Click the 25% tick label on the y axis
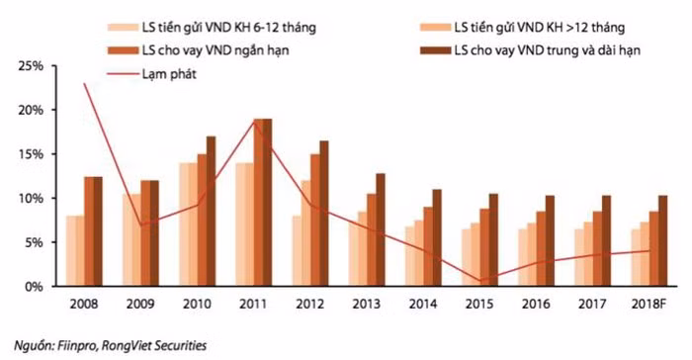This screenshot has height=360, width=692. click(x=31, y=66)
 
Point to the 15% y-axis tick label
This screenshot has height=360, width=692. click(x=31, y=154)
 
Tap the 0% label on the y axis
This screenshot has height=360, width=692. click(x=34, y=287)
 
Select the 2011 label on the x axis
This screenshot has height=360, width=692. click(x=253, y=304)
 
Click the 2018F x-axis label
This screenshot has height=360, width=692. click(x=649, y=304)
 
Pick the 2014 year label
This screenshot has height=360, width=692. click(x=423, y=304)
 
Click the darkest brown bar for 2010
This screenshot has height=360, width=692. click(x=211, y=211)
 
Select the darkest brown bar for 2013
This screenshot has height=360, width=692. click(x=381, y=229)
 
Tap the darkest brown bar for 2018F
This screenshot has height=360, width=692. click(x=663, y=240)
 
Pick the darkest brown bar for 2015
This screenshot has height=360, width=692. click(x=493, y=240)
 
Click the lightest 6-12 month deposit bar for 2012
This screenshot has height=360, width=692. click(x=297, y=251)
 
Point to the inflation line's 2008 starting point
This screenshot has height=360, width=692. click(x=84, y=83)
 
